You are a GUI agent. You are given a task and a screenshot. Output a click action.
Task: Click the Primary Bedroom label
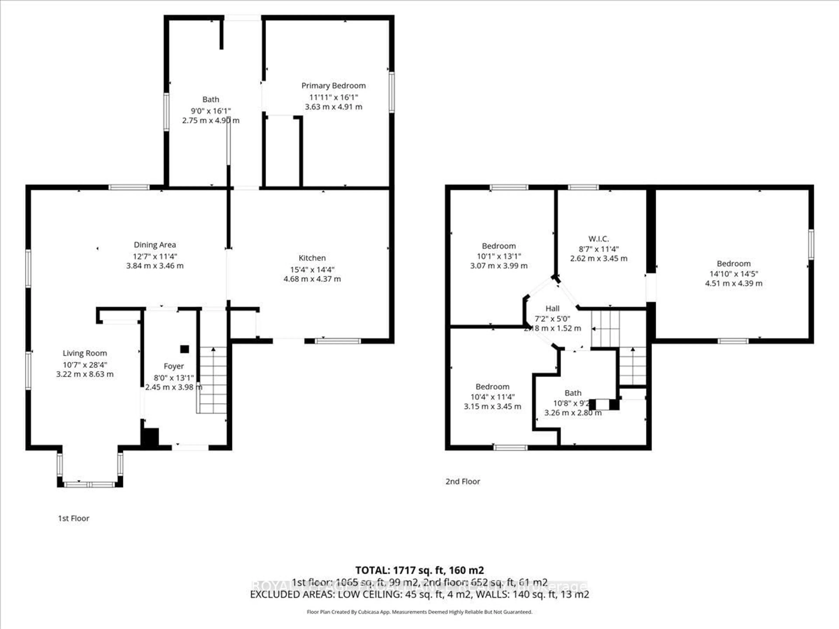coord(333,86)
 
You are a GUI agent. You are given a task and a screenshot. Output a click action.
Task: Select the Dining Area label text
coord(155,245)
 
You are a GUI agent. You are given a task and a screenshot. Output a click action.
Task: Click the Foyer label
coord(174,366)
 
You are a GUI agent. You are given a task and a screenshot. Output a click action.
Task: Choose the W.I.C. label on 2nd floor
coord(598,239)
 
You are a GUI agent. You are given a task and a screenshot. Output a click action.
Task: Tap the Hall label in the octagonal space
coord(552,309)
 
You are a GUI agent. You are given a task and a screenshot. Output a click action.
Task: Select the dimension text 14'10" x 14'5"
coord(733,274)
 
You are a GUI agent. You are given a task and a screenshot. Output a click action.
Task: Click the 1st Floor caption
coord(74,518)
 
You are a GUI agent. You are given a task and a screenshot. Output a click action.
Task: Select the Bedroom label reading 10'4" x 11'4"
coord(492,387)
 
